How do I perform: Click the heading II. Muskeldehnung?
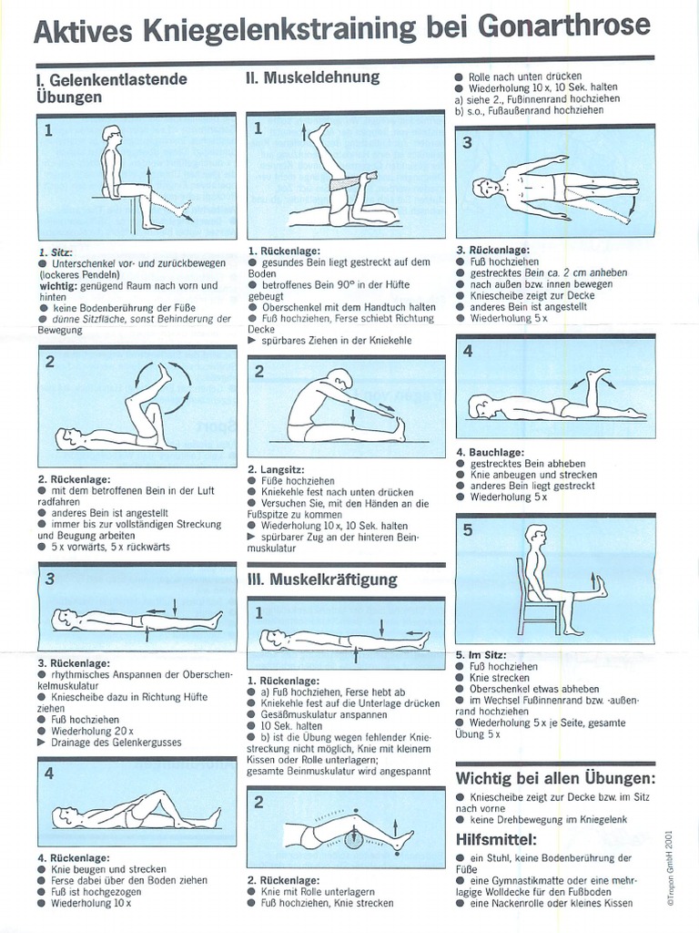point(312,77)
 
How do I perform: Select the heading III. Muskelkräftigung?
point(322,579)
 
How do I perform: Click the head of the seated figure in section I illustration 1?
point(111,138)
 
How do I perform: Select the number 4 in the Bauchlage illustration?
point(468,351)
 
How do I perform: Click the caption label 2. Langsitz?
point(277,469)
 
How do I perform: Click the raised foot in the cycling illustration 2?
point(165,372)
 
